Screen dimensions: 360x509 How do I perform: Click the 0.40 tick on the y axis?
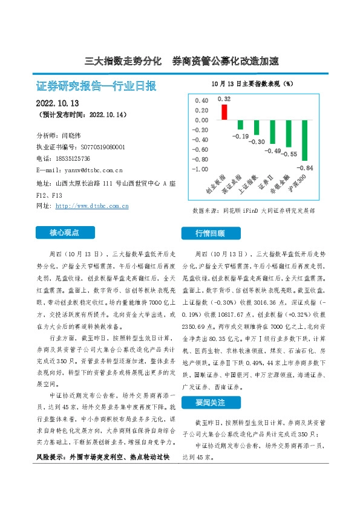[x=201, y=101]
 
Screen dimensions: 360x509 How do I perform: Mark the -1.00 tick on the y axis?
[x=200, y=169]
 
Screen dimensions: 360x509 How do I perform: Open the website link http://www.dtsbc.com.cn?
[x=92, y=206]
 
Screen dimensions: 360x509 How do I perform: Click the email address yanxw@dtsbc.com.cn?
[x=88, y=170]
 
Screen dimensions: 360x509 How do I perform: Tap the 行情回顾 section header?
[x=210, y=233]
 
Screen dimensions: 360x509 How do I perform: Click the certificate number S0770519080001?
[x=102, y=147]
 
